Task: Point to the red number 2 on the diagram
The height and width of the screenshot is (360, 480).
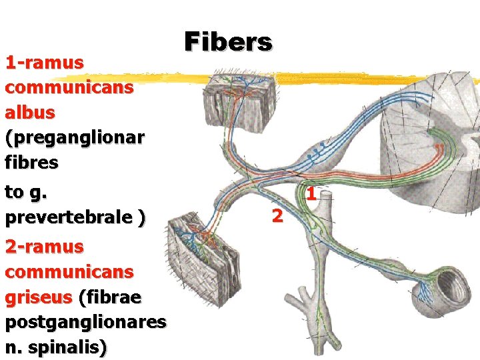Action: tap(278, 215)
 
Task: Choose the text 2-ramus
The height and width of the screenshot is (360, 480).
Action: tap(44, 247)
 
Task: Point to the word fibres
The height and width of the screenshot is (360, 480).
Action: tap(31, 162)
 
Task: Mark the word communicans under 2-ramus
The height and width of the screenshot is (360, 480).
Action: tap(69, 272)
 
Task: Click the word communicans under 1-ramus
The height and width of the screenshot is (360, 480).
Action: tap(69, 87)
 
